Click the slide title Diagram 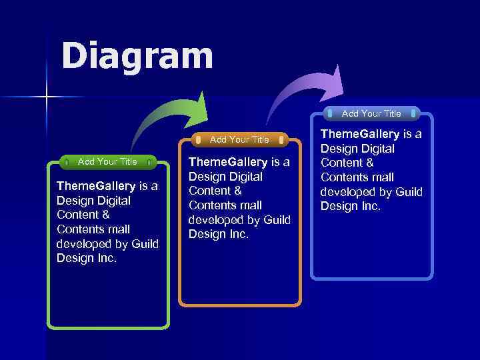pyautogui.click(x=137, y=56)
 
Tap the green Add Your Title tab pyautogui.click(x=107, y=161)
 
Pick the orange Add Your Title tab pyautogui.click(x=239, y=139)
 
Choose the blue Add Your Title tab pyautogui.click(x=371, y=113)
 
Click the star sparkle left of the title pyautogui.click(x=47, y=97)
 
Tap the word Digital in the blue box pyautogui.click(x=375, y=149)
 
